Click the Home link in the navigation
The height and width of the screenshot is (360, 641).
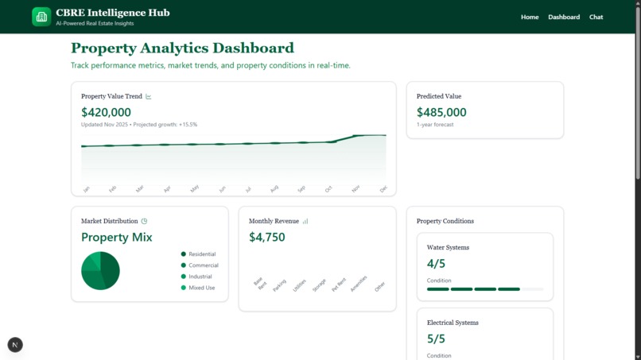click(x=530, y=17)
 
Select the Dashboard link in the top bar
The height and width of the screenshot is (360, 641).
click(x=564, y=17)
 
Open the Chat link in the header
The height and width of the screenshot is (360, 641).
click(x=596, y=17)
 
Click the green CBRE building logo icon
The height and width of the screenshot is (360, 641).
click(x=41, y=17)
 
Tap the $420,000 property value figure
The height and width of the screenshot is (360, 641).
click(x=106, y=113)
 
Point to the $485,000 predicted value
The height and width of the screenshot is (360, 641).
click(x=441, y=113)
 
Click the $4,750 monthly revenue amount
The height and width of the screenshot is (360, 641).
click(x=266, y=237)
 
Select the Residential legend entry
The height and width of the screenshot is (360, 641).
click(x=201, y=254)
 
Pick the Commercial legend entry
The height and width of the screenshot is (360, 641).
click(x=203, y=265)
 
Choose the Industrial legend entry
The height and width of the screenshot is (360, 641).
click(x=200, y=277)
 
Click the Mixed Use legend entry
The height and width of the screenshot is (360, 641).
click(x=201, y=288)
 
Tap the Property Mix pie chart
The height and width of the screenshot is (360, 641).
click(x=100, y=271)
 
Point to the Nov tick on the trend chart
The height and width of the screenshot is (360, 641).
click(x=355, y=188)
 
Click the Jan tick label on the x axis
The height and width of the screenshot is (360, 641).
click(x=86, y=189)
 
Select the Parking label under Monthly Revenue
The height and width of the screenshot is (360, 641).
click(x=279, y=285)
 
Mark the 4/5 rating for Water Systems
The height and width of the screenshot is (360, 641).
click(x=436, y=264)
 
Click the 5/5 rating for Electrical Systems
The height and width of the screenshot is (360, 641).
click(x=436, y=339)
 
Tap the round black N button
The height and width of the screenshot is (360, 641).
click(x=15, y=344)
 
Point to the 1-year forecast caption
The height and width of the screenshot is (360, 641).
click(x=435, y=125)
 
